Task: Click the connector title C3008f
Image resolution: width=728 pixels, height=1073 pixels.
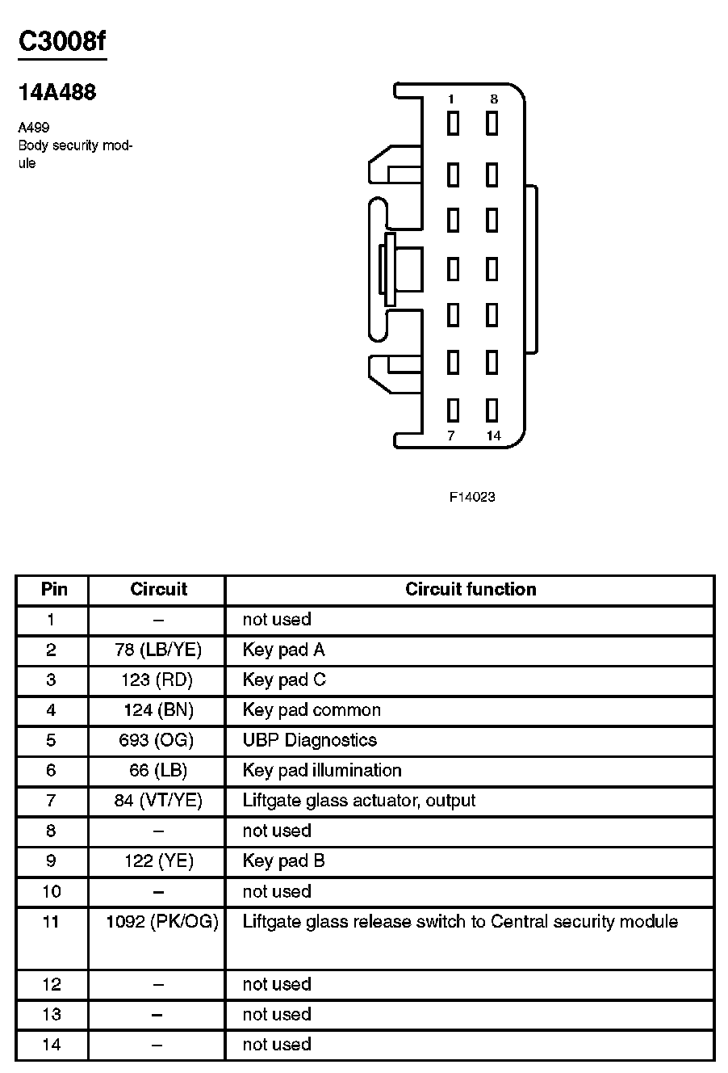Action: click(x=61, y=42)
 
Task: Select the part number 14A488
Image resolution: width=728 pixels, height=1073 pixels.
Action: click(x=57, y=93)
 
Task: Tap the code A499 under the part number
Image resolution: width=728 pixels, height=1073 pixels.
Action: click(x=34, y=128)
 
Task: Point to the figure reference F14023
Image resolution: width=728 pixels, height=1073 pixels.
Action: click(x=472, y=497)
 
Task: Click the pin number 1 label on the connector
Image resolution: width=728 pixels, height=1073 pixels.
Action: click(x=451, y=99)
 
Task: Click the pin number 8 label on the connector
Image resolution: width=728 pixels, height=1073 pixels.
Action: click(x=494, y=99)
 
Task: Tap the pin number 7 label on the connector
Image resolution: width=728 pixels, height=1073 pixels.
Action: click(x=451, y=436)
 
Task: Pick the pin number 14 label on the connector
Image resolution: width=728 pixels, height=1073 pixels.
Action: click(x=494, y=436)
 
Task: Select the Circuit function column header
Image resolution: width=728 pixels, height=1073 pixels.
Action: click(x=471, y=590)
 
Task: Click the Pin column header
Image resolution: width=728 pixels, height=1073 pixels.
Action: click(x=54, y=590)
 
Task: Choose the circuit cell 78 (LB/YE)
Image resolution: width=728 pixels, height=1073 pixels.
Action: click(x=158, y=650)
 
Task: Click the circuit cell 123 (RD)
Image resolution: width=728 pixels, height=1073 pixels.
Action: click(x=157, y=680)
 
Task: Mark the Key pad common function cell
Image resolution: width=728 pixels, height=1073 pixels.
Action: click(x=312, y=710)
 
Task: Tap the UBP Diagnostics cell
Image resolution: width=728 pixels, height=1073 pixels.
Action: click(x=309, y=740)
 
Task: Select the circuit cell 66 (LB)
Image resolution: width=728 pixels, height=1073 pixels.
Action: click(x=158, y=771)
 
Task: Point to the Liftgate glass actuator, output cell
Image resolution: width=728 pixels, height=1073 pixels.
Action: click(x=358, y=801)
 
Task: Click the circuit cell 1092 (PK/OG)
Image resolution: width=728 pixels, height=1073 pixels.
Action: click(x=162, y=922)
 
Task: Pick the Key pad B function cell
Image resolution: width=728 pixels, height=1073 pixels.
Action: click(x=283, y=861)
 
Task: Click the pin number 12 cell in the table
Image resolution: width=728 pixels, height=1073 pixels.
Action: click(x=52, y=984)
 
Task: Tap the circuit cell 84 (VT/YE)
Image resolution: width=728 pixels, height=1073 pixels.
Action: click(x=158, y=801)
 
